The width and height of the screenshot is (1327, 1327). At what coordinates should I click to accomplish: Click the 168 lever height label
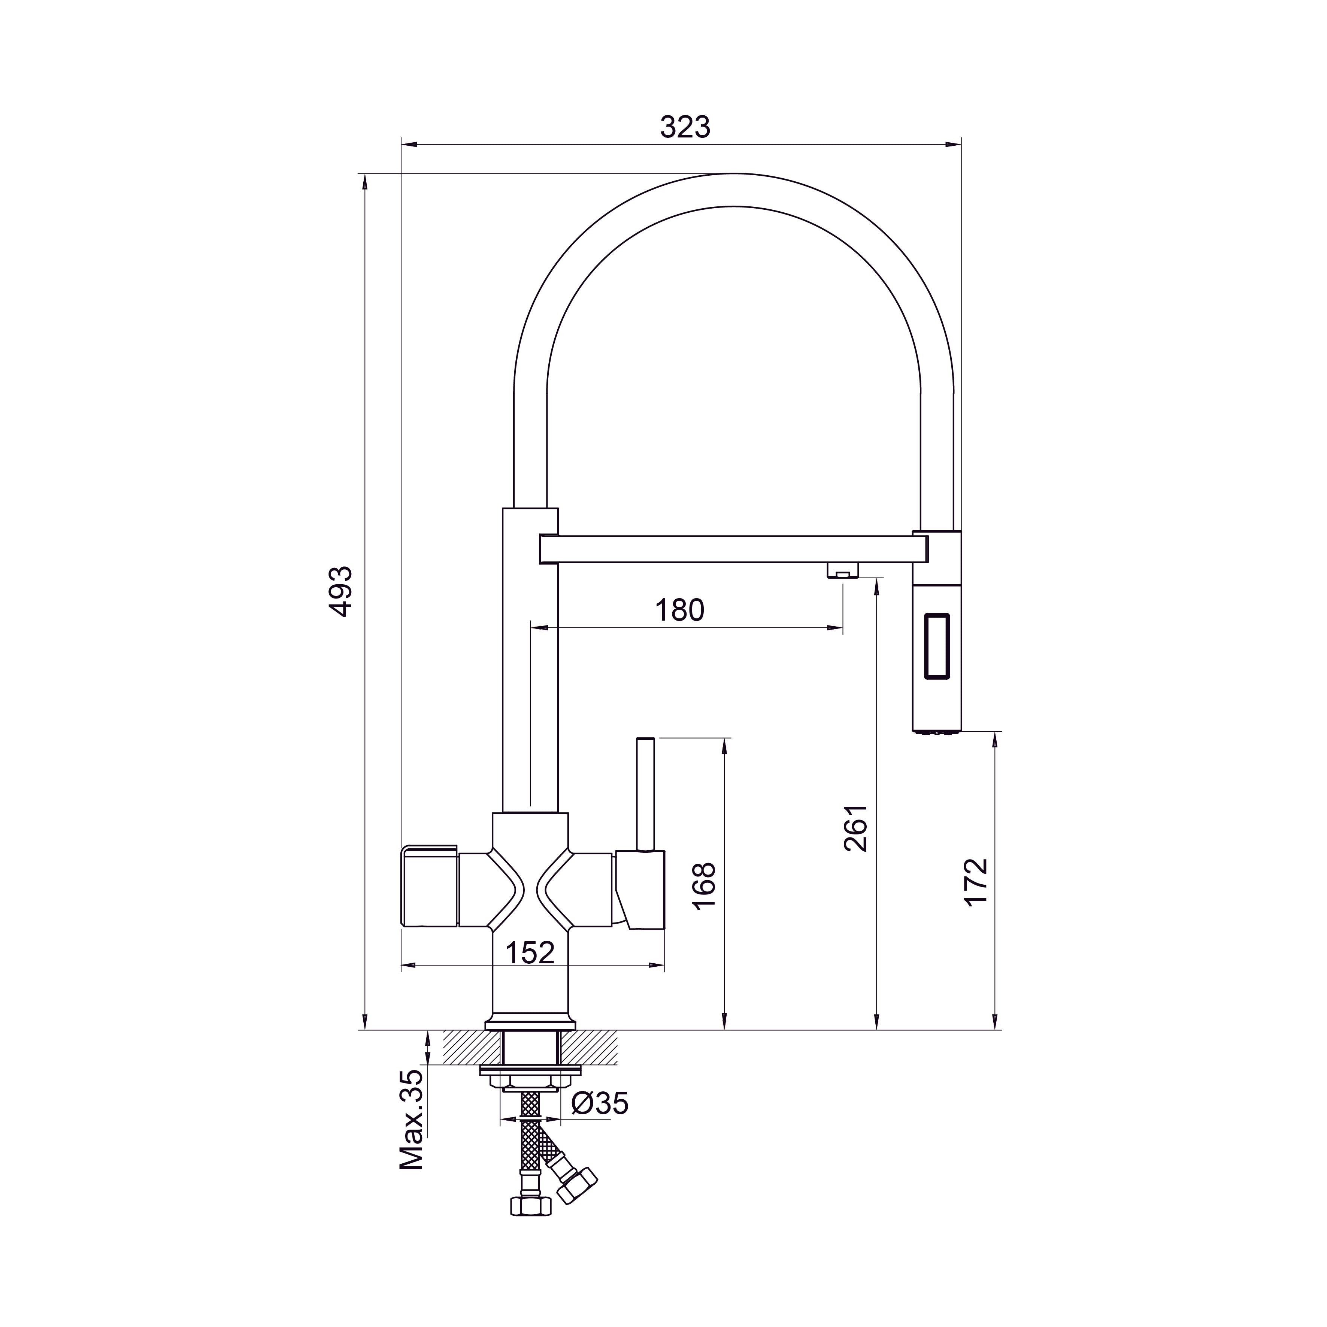705,886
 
